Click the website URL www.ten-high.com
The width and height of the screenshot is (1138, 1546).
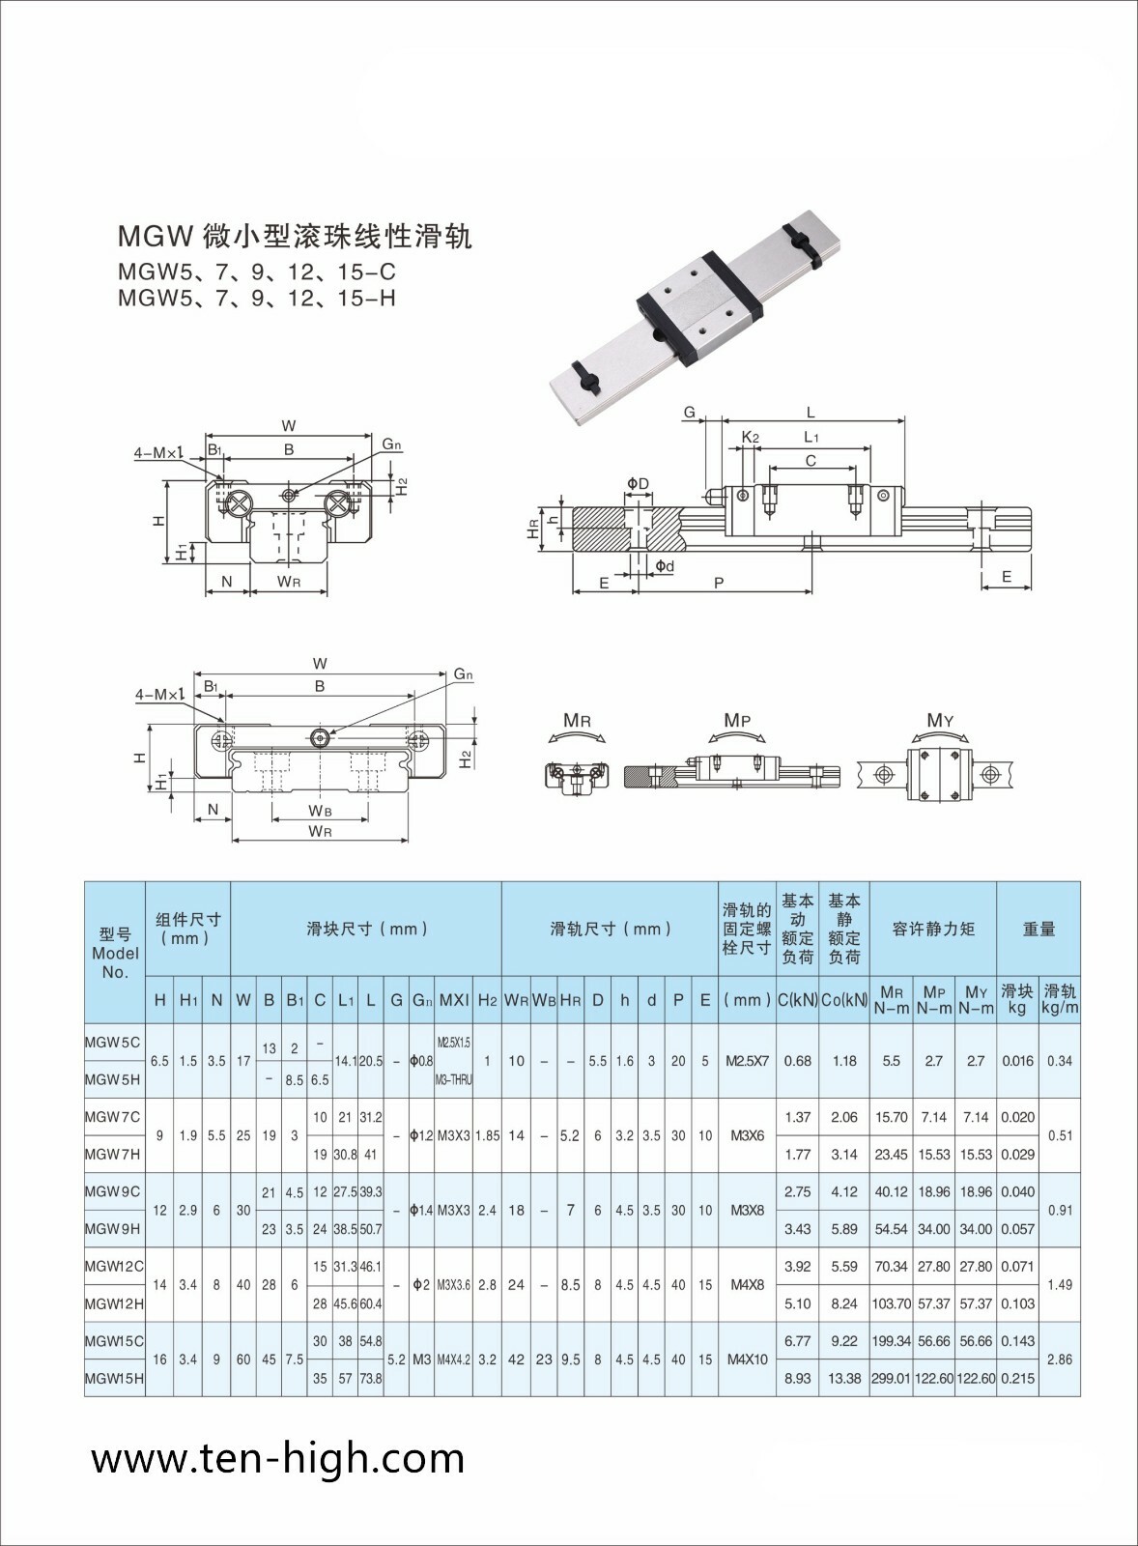278,1458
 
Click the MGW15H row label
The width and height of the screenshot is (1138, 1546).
113,1378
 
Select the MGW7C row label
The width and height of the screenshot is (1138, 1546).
112,1117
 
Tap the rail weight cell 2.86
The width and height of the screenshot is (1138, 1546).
1060,1359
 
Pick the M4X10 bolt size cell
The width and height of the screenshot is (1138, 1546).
747,1359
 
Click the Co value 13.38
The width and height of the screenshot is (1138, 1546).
843,1378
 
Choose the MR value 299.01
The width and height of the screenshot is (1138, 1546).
890,1378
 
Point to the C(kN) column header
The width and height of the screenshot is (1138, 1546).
797,1000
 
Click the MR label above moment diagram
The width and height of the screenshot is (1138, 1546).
577,721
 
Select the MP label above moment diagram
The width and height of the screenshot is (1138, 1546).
737,721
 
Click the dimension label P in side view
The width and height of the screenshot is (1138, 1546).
718,583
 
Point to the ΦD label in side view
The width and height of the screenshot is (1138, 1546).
638,483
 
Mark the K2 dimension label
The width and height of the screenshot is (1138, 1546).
750,437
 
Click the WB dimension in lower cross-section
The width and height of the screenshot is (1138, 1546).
320,810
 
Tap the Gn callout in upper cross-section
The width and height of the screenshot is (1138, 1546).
390,444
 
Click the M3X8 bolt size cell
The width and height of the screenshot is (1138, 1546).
747,1210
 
